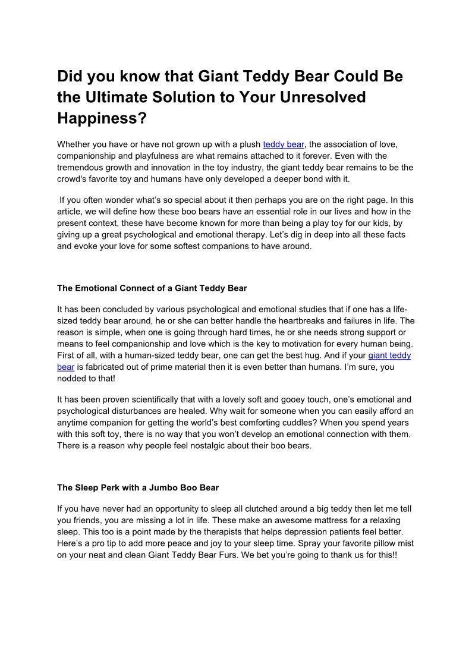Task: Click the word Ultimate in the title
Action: [134, 97]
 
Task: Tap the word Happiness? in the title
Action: [102, 118]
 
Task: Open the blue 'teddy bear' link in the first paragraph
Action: [284, 144]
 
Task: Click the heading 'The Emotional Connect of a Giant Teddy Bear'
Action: [152, 288]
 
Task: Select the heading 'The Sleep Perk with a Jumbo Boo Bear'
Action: [138, 488]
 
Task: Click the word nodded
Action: [72, 379]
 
